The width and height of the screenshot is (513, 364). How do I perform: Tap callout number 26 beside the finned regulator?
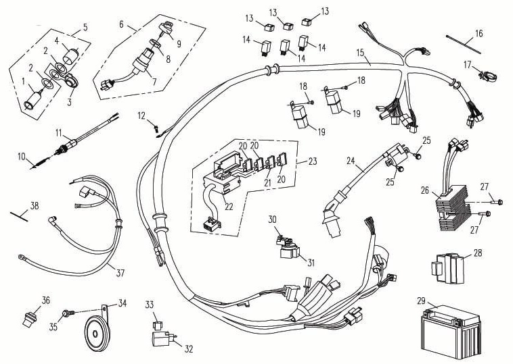424,191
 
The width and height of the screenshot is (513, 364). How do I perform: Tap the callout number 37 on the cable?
120,273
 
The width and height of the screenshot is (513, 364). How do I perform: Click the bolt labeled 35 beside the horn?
67,313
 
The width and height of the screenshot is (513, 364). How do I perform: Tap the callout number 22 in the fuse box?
229,206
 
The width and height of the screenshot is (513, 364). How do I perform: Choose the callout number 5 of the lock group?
85,28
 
